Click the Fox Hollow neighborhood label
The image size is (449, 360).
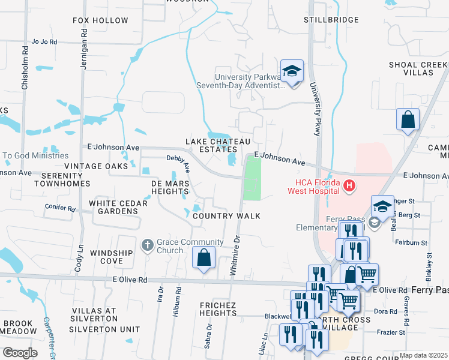point(100,20)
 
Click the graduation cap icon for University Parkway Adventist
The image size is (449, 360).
point(292,71)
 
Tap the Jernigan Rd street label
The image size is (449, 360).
point(85,55)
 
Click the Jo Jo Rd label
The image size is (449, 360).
point(44,42)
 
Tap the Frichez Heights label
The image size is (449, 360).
point(218,309)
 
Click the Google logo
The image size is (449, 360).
point(19,352)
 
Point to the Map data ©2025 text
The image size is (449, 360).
point(423,355)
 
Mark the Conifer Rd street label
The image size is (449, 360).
point(60,209)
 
